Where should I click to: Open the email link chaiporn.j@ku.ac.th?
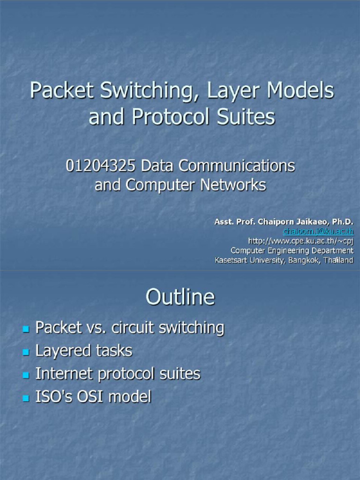coord(318,231)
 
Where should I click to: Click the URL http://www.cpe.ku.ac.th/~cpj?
coord(300,241)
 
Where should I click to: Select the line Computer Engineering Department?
coord(292,250)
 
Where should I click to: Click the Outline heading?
coord(180,297)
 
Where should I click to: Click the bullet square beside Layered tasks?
coord(26,352)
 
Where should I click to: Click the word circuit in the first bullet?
coord(133,328)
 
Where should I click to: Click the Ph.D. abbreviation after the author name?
coord(342,222)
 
